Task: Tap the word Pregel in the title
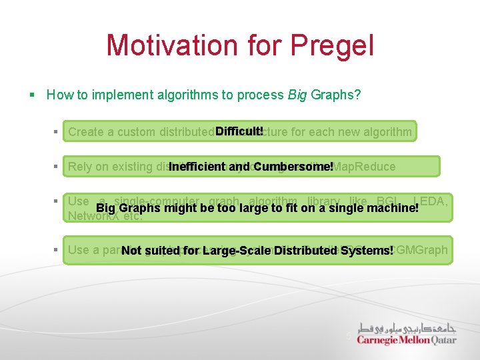click(337, 45)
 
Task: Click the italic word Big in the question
click(297, 95)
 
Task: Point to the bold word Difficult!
click(239, 131)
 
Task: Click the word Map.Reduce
click(365, 167)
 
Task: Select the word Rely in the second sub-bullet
click(79, 167)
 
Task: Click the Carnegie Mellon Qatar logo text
click(406, 340)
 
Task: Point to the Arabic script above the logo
click(407, 327)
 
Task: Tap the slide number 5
click(347, 337)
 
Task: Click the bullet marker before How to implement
click(33, 95)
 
